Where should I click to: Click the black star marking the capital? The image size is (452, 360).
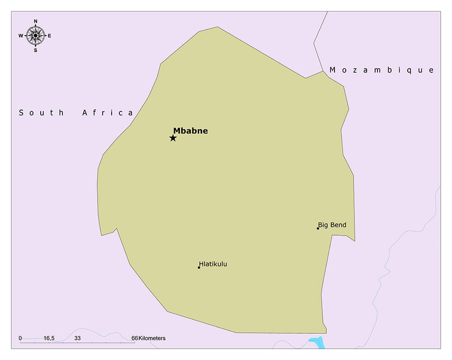(173, 138)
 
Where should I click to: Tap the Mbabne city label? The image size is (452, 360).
(190, 131)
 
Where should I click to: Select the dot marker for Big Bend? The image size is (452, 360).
(318, 228)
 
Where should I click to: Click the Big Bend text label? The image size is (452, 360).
(332, 225)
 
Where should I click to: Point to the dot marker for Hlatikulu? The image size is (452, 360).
(199, 267)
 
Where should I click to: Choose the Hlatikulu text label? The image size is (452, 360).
(213, 264)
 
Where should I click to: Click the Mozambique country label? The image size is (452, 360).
(381, 70)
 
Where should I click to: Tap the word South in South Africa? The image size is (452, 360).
(42, 113)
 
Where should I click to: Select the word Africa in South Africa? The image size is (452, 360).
(108, 113)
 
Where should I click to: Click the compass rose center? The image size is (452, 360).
(35, 35)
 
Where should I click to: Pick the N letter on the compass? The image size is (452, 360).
(35, 21)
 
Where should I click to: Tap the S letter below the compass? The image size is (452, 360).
(35, 50)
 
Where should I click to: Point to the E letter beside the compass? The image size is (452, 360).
(49, 36)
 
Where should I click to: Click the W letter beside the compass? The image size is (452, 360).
(21, 36)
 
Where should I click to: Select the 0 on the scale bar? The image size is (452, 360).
(20, 338)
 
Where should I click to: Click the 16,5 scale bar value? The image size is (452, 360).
(49, 338)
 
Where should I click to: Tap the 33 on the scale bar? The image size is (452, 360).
(77, 338)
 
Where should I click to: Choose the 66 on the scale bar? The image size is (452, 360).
(134, 338)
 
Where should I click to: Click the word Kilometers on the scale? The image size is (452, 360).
(152, 338)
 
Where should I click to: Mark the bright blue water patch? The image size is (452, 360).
(317, 342)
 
